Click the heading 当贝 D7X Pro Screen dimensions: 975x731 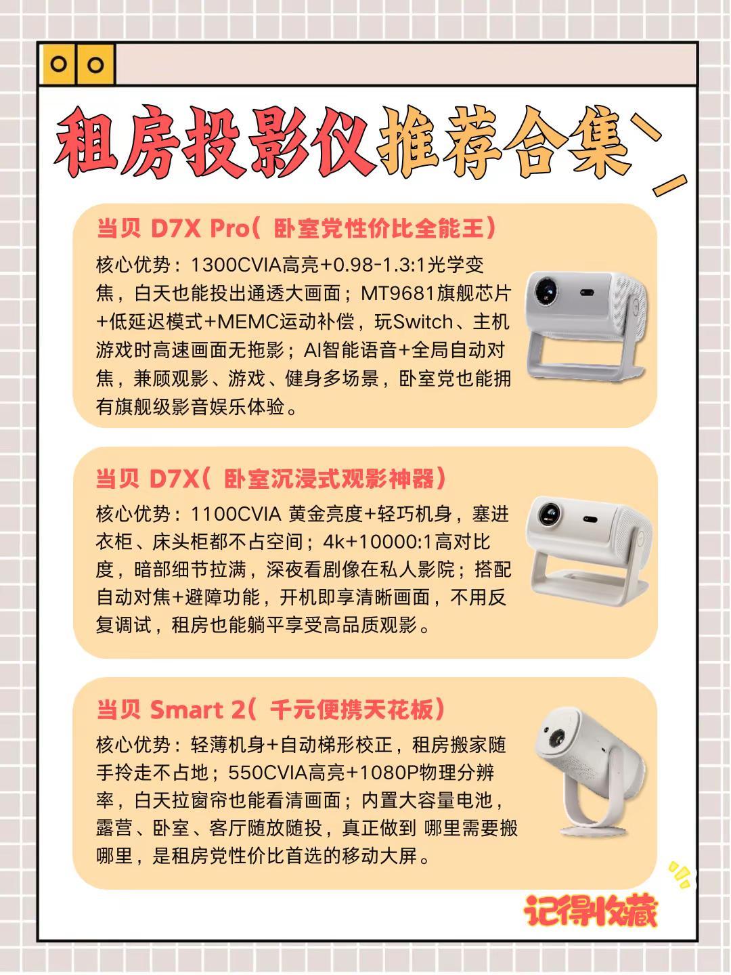click(173, 228)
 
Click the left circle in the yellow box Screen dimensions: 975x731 click(60, 64)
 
